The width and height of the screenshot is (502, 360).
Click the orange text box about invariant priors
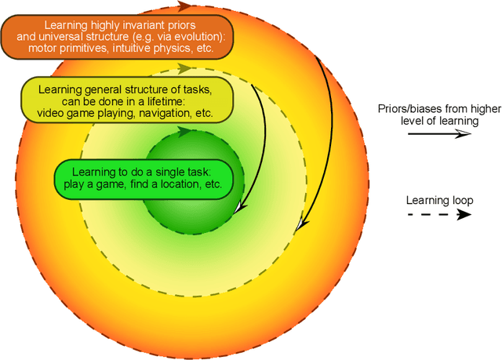click(114, 36)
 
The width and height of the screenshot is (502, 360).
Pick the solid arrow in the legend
click(438, 134)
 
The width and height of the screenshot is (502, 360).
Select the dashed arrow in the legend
click(438, 213)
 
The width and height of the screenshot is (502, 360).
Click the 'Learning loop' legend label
click(439, 200)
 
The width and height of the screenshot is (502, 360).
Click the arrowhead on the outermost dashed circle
click(182, 7)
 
